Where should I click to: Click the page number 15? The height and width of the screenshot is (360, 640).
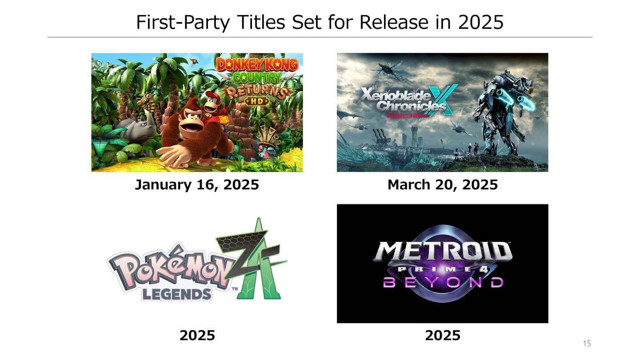click(587, 344)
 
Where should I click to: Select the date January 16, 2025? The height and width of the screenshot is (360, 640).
click(197, 184)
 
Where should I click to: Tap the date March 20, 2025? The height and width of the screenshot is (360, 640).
click(442, 184)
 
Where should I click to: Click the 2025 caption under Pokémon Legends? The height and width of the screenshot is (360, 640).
click(197, 335)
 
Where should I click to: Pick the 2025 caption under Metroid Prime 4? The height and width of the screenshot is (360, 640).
click(442, 335)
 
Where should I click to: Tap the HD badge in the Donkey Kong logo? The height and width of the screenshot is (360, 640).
click(257, 101)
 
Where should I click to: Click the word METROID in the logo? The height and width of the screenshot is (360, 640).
click(442, 252)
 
